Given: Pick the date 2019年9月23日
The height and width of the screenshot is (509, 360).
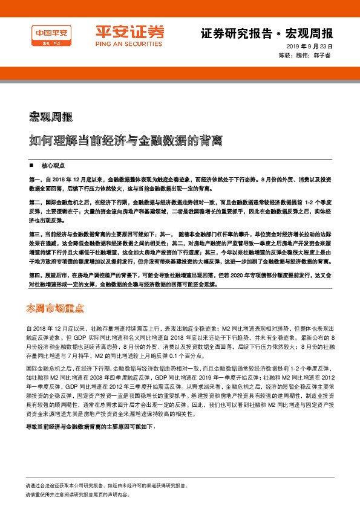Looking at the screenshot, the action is pyautogui.click(x=310, y=47).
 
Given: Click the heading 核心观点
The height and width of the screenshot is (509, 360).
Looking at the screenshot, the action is pyautogui.click(x=53, y=165).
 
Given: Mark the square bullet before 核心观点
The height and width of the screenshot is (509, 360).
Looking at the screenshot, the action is pyautogui.click(x=31, y=165).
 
